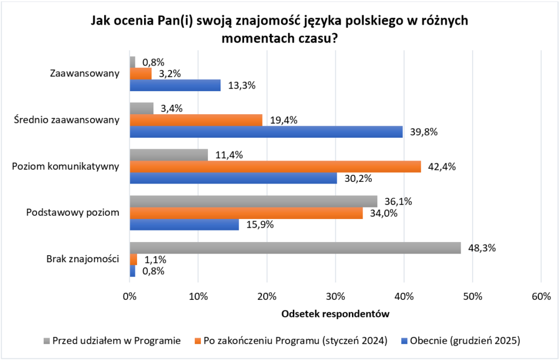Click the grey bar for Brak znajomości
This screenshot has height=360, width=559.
tap(295, 247)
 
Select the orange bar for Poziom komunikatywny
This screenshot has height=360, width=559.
tap(275, 166)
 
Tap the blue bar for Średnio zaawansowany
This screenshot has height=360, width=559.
tap(266, 132)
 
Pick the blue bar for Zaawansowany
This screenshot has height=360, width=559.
tap(175, 85)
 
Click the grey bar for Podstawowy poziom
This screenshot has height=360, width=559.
tap(253, 201)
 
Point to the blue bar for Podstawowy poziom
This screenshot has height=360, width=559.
tap(184, 224)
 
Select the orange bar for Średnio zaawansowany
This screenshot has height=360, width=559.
tap(196, 120)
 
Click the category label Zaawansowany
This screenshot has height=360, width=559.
tap(85, 73)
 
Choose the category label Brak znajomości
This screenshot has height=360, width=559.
tap(83, 259)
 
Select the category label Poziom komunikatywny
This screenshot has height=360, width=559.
tap(66, 166)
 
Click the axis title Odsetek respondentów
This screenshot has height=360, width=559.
tap(335, 315)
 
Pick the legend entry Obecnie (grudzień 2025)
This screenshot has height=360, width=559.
tap(464, 341)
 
